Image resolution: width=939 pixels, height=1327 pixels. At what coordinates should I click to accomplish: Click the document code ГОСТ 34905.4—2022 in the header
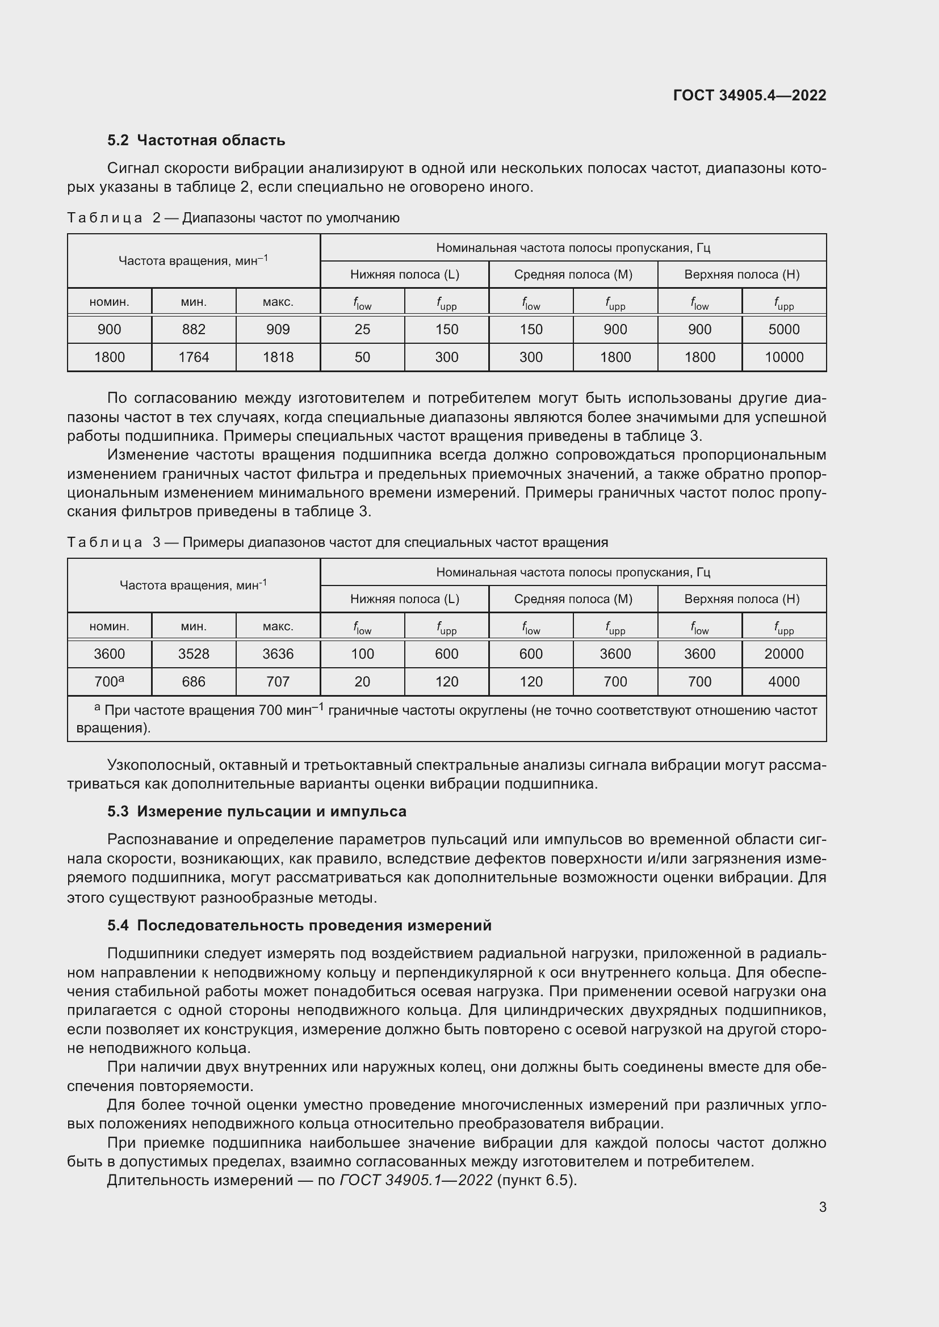749,95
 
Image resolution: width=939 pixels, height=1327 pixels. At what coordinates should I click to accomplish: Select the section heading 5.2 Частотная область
196,141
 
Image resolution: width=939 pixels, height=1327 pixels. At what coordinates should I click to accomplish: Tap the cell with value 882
194,330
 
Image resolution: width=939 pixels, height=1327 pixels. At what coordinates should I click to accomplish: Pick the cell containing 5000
783,330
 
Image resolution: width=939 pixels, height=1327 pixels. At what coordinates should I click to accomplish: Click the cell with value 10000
783,357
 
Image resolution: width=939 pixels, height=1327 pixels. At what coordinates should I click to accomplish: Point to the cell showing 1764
194,357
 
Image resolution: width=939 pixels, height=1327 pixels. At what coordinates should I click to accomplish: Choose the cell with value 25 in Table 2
363,330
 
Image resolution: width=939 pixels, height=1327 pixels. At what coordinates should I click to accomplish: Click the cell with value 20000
783,654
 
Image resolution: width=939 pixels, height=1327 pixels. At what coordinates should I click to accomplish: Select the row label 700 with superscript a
109,681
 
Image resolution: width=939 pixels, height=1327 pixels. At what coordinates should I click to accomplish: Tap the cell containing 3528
194,654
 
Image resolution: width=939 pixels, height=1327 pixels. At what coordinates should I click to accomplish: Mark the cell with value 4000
783,681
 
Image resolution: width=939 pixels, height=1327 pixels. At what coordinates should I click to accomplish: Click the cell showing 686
194,681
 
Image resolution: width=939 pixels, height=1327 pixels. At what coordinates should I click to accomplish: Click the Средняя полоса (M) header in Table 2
573,275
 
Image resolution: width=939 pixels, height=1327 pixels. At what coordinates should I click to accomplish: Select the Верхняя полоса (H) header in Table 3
742,599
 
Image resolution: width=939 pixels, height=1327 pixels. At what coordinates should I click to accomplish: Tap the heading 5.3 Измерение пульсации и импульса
257,811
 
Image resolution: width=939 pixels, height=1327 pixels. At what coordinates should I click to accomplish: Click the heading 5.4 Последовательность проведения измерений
299,925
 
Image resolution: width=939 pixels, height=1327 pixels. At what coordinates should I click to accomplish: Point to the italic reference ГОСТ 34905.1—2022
416,1179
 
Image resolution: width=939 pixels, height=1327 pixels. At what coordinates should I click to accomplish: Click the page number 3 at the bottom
822,1207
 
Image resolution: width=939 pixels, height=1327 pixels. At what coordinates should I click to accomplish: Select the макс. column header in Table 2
278,302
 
